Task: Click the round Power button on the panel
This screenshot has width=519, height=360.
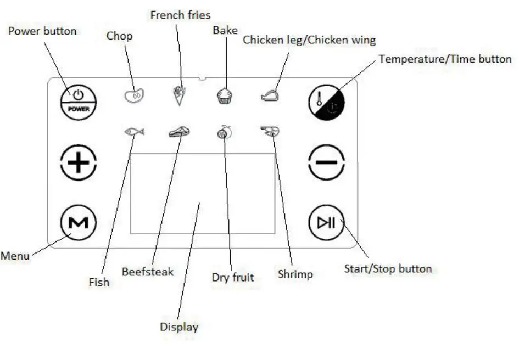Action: [x=79, y=102]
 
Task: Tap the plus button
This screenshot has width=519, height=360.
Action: [x=79, y=163]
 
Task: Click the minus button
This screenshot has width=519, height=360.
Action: [x=326, y=163]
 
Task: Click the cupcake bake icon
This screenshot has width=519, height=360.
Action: [x=224, y=97]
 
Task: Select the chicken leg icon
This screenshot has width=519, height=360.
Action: [x=270, y=97]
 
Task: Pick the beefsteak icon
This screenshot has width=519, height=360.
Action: [x=179, y=132]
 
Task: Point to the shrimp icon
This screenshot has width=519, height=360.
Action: [x=270, y=132]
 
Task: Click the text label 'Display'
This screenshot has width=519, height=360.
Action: [x=179, y=327]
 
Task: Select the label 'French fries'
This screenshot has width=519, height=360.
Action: [x=180, y=15]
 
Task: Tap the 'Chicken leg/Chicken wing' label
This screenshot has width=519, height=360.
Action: [x=309, y=40]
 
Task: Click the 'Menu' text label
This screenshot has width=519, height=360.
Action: [x=15, y=256]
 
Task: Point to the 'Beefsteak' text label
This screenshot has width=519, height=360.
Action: [x=148, y=272]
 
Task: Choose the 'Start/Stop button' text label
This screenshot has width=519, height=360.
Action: [x=388, y=269]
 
